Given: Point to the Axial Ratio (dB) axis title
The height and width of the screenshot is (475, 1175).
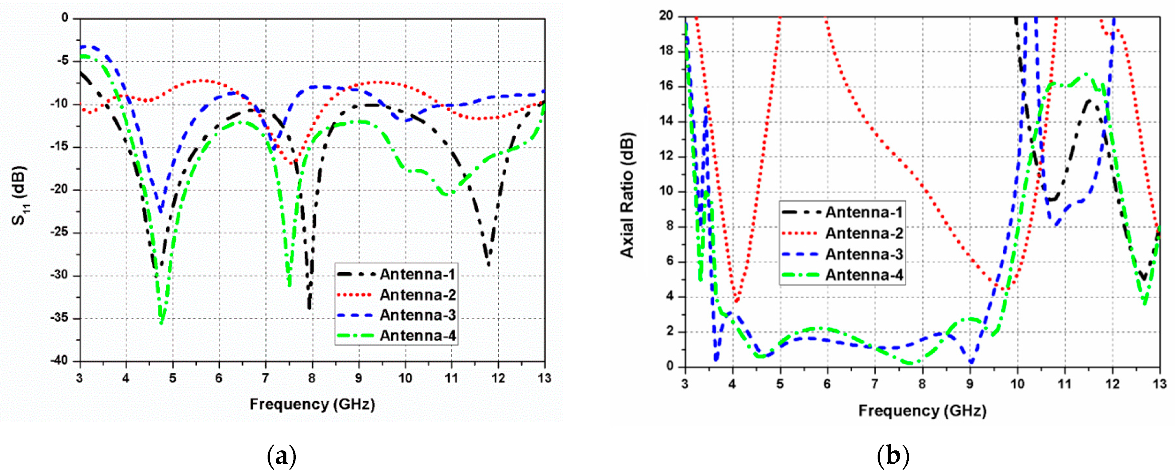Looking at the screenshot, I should click(628, 195).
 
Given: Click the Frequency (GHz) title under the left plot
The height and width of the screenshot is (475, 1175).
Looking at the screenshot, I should click(312, 404).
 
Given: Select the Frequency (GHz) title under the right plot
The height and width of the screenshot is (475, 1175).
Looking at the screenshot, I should click(922, 411).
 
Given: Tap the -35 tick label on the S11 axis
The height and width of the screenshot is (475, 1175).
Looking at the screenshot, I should click(59, 318).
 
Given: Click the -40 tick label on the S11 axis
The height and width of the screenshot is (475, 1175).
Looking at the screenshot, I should click(59, 361).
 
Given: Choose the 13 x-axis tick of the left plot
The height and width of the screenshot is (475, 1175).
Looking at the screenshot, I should click(545, 379).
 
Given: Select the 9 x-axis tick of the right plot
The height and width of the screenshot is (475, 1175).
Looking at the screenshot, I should click(970, 384).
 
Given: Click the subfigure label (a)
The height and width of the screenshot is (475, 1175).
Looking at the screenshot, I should click(282, 456).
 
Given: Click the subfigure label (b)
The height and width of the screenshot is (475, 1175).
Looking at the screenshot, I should click(893, 456).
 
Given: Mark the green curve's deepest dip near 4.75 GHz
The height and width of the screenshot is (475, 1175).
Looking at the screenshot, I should click(161, 322).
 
